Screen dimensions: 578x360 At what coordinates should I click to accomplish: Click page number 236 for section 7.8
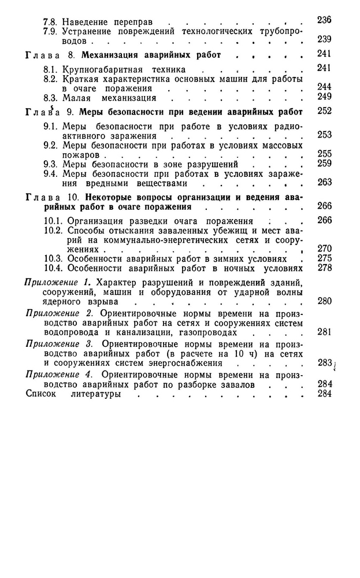pos(324,21)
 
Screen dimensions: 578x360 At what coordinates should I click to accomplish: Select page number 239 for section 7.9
pos(324,39)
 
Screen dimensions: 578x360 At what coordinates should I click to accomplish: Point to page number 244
pos(324,87)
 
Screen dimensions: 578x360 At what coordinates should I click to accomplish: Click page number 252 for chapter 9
pos(324,111)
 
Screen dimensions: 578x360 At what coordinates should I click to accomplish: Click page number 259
pos(324,164)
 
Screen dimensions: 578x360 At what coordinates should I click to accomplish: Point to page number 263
pos(324,182)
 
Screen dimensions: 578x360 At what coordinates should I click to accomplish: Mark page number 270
pos(324,249)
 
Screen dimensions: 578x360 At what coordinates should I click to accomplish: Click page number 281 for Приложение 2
pos(324,332)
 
